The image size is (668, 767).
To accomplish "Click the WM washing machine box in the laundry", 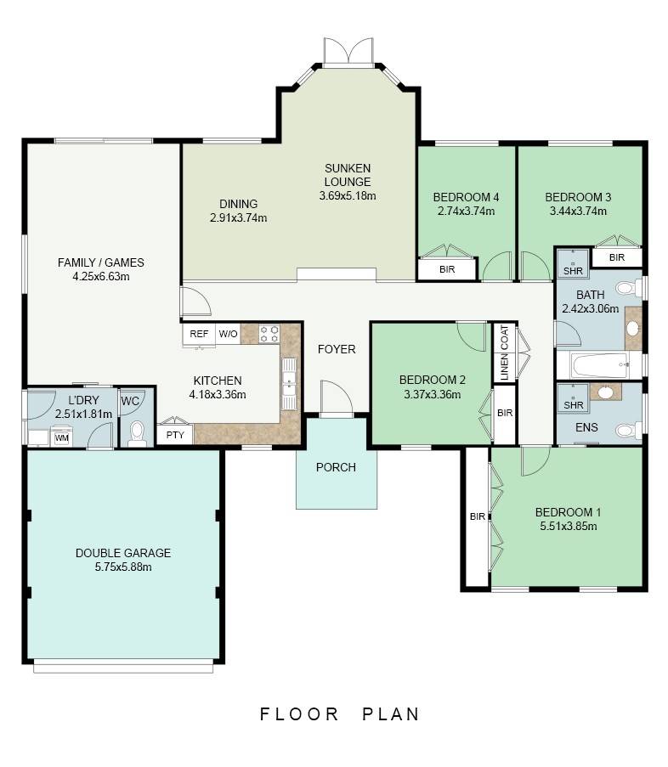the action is pyautogui.click(x=62, y=437).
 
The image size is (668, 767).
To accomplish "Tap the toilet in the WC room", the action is pyautogui.click(x=137, y=433).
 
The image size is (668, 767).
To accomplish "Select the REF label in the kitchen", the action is pyautogui.click(x=199, y=334).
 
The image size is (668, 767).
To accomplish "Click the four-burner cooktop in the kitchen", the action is pyautogui.click(x=269, y=334).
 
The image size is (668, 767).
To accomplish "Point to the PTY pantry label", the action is pyautogui.click(x=175, y=435).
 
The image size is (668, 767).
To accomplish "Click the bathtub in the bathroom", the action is pyautogui.click(x=601, y=365).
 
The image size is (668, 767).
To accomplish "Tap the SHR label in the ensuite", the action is pyautogui.click(x=574, y=405).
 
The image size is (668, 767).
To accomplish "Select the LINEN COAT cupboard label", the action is pyautogui.click(x=505, y=352).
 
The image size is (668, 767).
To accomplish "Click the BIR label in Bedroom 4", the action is pyautogui.click(x=447, y=269).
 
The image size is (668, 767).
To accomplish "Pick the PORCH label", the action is pyautogui.click(x=336, y=467).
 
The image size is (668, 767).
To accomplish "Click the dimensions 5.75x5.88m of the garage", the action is pyautogui.click(x=123, y=567).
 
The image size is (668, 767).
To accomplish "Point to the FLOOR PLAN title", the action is pyautogui.click(x=339, y=714).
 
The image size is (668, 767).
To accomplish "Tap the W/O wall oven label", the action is pyautogui.click(x=228, y=334).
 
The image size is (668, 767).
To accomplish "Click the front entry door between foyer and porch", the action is pyautogui.click(x=337, y=398).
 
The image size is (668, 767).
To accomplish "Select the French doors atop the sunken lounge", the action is pyautogui.click(x=348, y=51).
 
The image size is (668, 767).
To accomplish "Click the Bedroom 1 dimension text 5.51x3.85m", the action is pyautogui.click(x=569, y=527).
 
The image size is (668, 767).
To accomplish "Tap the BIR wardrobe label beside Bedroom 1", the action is pyautogui.click(x=477, y=516).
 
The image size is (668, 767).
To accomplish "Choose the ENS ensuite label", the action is pyautogui.click(x=586, y=427).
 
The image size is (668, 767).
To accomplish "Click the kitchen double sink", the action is pyautogui.click(x=289, y=384).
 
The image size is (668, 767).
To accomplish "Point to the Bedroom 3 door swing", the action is pyautogui.click(x=536, y=267).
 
